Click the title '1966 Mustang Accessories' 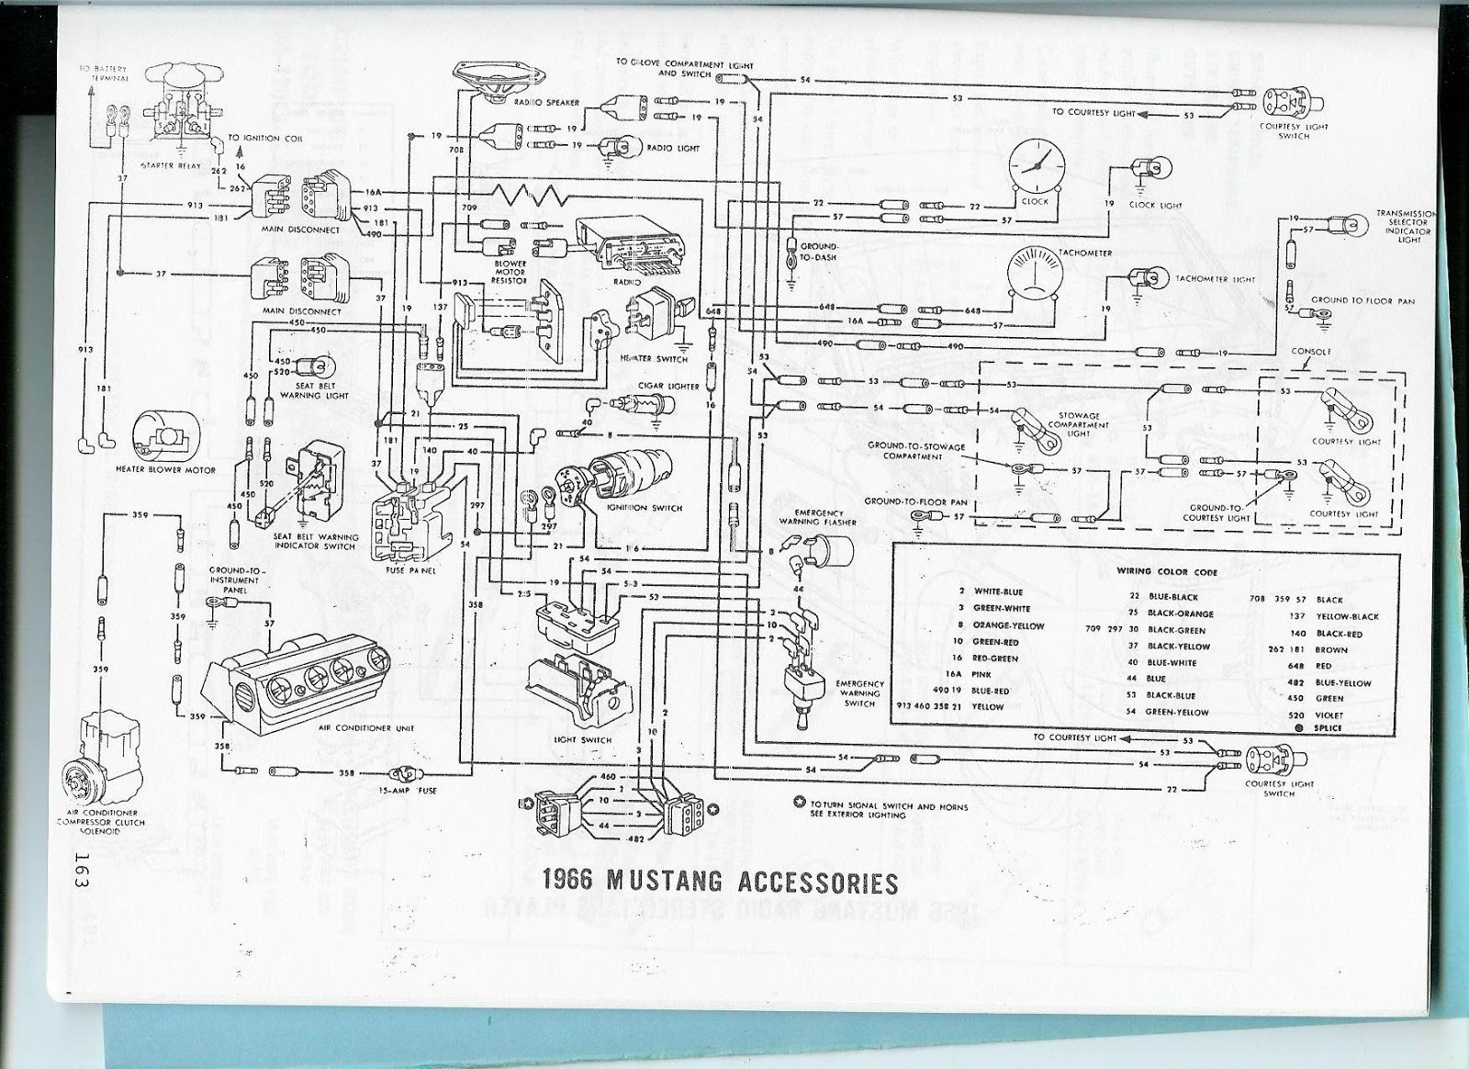(x=720, y=882)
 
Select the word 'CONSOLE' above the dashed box (x=1311, y=352)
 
